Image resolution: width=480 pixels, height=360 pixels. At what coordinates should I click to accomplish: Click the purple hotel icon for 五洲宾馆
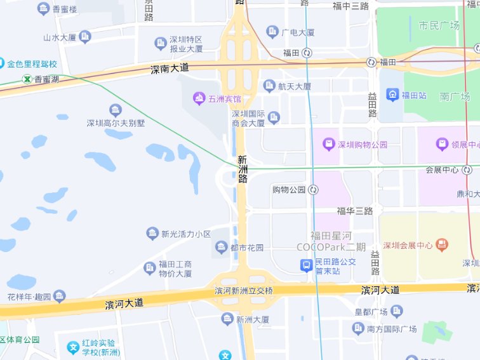pyautogui.click(x=199, y=98)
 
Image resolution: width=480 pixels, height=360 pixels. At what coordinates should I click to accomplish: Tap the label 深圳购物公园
pyautogui.click(x=363, y=144)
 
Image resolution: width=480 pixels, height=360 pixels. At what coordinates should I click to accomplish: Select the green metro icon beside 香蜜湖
pyautogui.click(x=27, y=79)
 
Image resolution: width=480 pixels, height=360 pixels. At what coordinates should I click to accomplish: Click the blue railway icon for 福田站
pyautogui.click(x=392, y=96)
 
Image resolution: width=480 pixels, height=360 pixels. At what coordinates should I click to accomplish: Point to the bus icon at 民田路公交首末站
pyautogui.click(x=306, y=265)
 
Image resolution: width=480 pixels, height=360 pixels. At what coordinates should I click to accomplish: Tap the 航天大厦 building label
pyautogui.click(x=295, y=86)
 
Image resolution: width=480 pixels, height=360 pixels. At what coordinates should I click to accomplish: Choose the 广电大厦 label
pyautogui.click(x=298, y=32)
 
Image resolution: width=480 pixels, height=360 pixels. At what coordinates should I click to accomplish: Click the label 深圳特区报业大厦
pyautogui.click(x=186, y=44)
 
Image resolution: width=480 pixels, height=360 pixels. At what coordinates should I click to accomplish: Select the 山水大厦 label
pyautogui.click(x=60, y=37)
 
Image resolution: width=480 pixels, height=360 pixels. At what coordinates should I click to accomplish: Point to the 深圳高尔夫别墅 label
pyautogui.click(x=116, y=123)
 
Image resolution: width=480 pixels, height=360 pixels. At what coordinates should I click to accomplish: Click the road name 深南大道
pyautogui.click(x=170, y=69)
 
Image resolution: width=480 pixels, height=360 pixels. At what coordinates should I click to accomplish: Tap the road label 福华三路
pyautogui.click(x=355, y=210)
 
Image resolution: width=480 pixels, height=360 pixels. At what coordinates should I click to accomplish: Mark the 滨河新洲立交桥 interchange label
pyautogui.click(x=244, y=290)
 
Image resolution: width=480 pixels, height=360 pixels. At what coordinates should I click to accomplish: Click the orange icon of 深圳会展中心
pyautogui.click(x=443, y=244)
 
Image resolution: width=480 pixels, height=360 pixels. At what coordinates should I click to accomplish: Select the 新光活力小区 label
pyautogui.click(x=186, y=234)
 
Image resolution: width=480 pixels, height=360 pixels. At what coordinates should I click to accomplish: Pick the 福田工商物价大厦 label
pyautogui.click(x=175, y=269)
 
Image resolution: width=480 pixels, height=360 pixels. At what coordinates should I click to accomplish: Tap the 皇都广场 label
pyautogui.click(x=371, y=312)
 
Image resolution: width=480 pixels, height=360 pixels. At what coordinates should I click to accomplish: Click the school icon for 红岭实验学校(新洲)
pyautogui.click(x=74, y=347)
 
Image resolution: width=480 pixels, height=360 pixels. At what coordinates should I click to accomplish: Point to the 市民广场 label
pyautogui.click(x=439, y=26)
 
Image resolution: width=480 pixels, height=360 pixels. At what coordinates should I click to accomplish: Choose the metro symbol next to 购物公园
pyautogui.click(x=313, y=190)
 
